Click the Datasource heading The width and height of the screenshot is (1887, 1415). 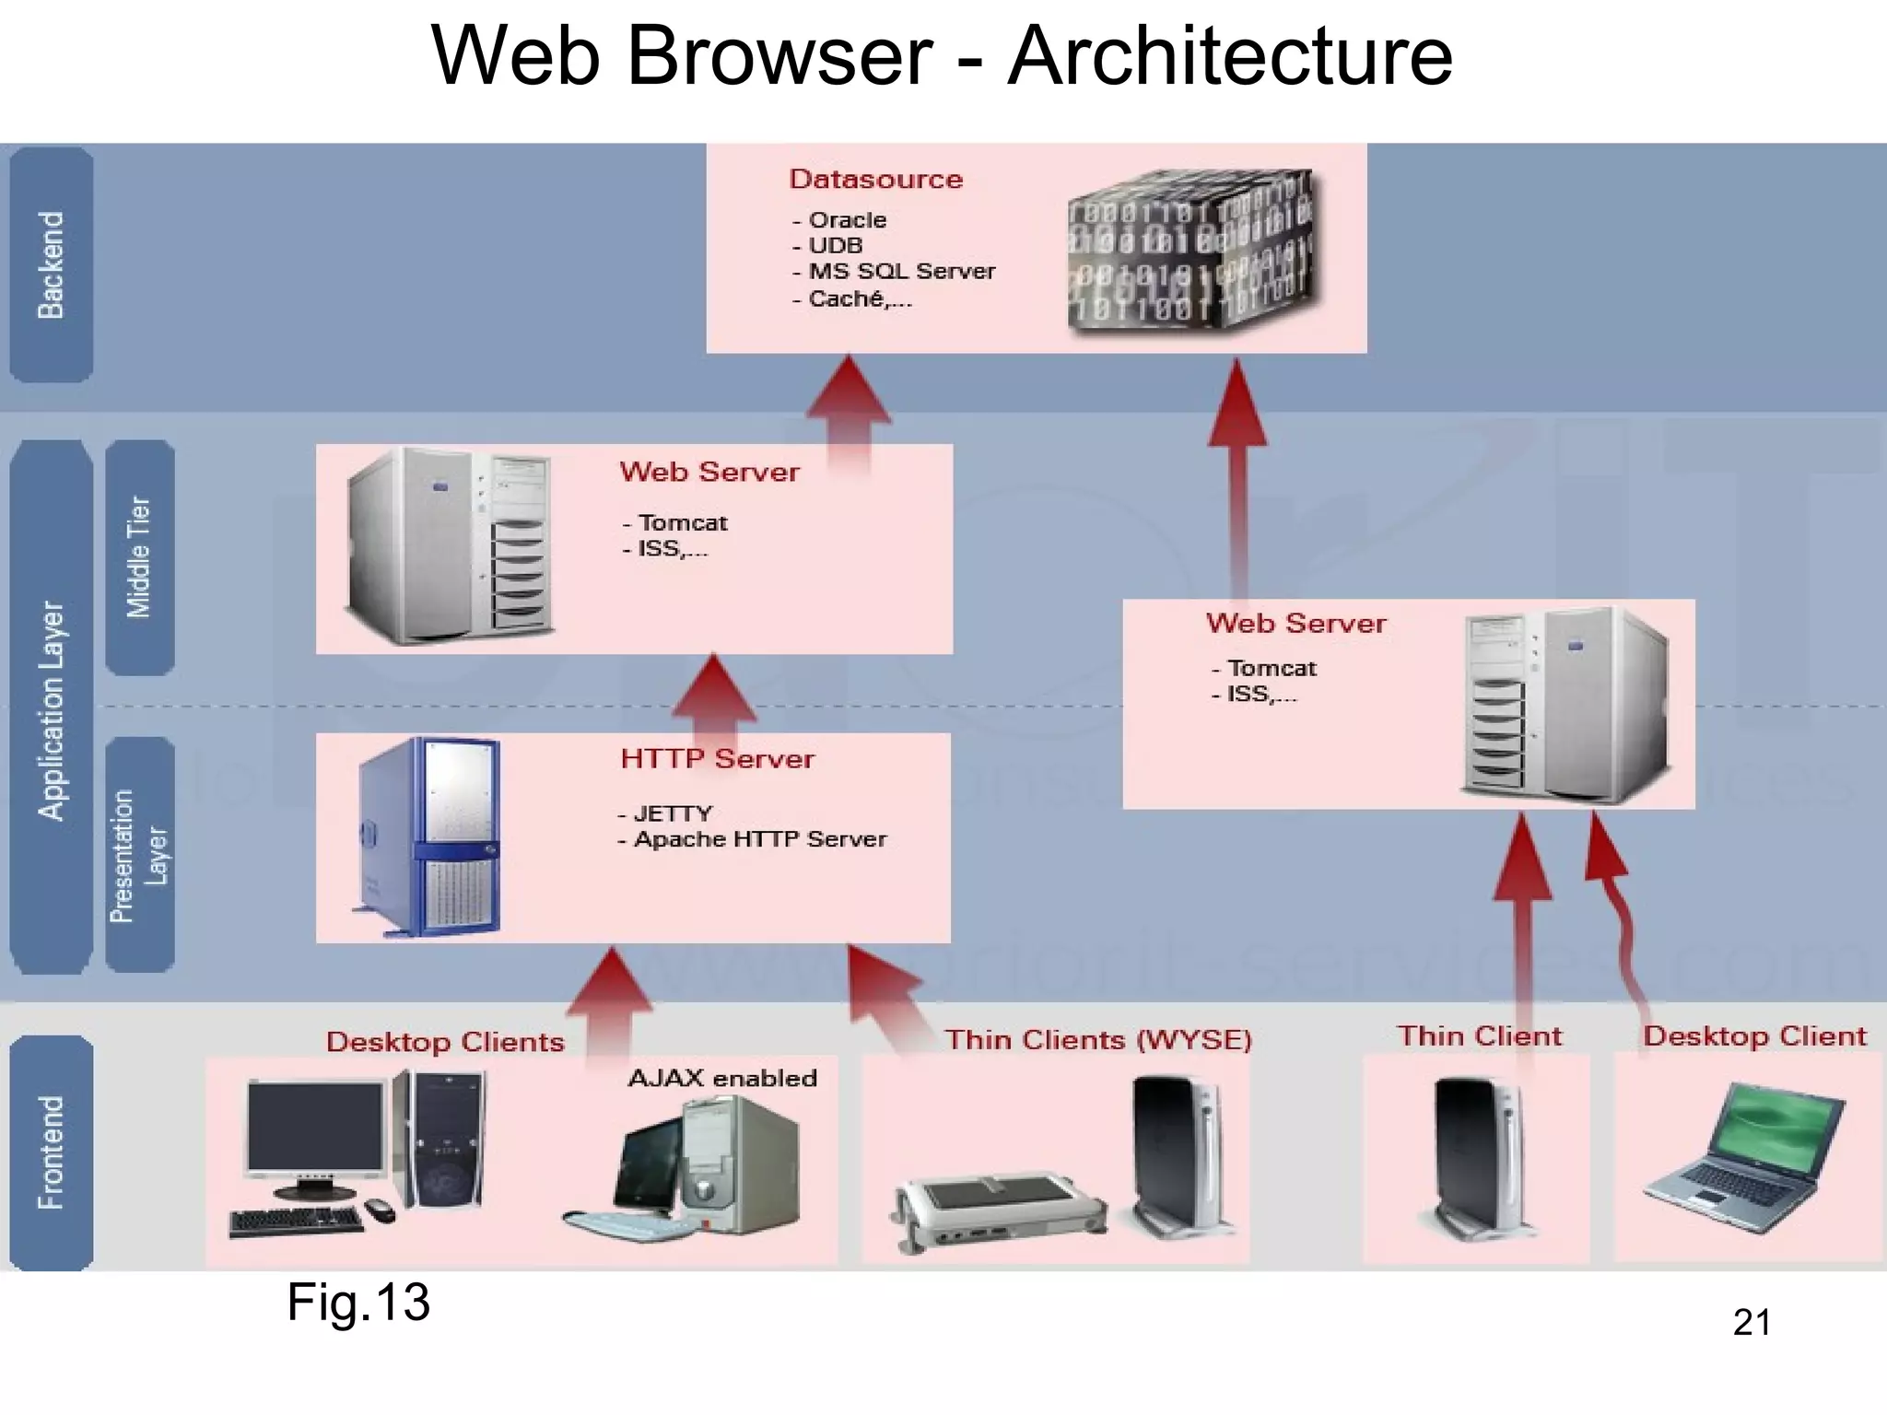click(x=875, y=179)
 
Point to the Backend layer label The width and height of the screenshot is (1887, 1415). click(x=51, y=265)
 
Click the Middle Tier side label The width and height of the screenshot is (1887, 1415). click(x=139, y=556)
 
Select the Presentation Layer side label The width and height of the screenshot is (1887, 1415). click(x=139, y=855)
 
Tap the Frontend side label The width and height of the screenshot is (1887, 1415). click(x=51, y=1152)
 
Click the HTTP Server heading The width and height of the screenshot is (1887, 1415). click(x=717, y=759)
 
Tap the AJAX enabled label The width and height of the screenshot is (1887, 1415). click(x=722, y=1078)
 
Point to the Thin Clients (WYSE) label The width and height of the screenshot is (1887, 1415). click(x=1098, y=1040)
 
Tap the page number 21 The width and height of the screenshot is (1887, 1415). click(x=1751, y=1322)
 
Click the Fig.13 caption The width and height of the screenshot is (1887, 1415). click(x=358, y=1302)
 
